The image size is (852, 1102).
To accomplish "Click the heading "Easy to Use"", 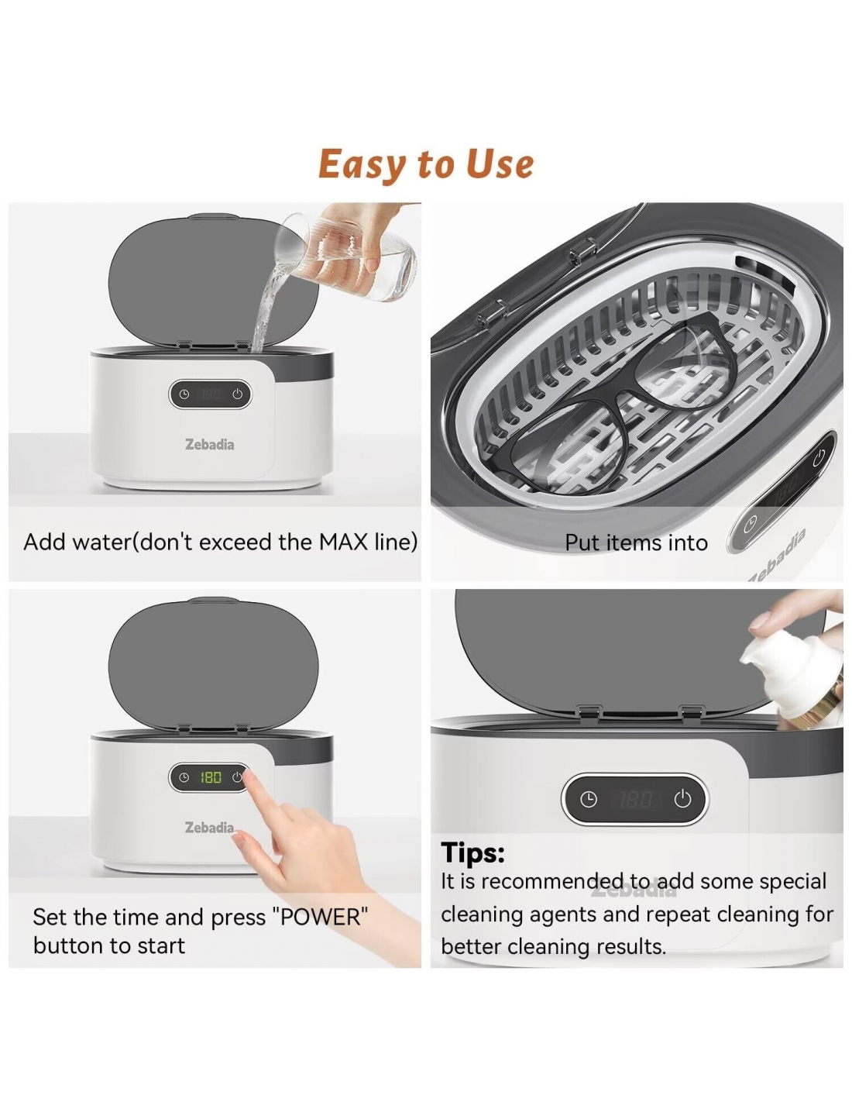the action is click(x=425, y=164).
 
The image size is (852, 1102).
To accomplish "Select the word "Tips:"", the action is click(x=472, y=852).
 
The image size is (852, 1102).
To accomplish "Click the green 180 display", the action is click(x=211, y=777).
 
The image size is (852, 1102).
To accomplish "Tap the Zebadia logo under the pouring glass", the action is click(x=209, y=444).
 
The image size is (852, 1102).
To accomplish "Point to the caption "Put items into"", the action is click(x=636, y=542).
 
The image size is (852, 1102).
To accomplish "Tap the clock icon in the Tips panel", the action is click(x=588, y=800).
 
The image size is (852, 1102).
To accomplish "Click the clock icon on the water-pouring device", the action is click(x=184, y=394).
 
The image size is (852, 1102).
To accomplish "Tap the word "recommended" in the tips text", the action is click(x=552, y=881).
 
